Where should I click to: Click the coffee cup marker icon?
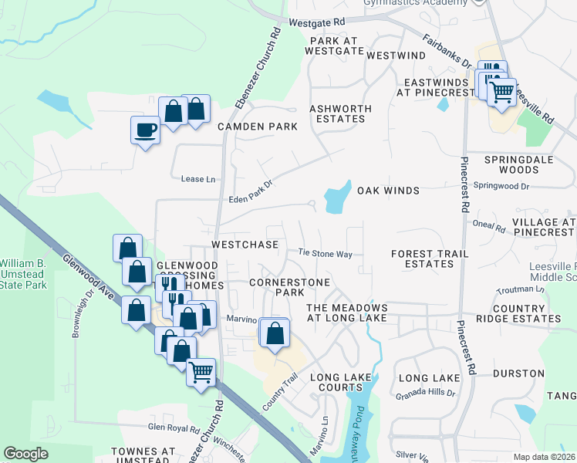tap(145, 129)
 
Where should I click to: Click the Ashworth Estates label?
tap(340, 113)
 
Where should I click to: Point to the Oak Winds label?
tap(387, 191)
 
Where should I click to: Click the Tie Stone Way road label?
tap(325, 253)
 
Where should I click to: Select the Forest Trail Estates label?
tap(422, 259)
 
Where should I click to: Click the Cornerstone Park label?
tap(289, 287)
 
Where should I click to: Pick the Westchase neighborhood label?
tap(245, 245)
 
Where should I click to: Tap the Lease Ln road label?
tap(197, 179)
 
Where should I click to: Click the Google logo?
tap(25, 454)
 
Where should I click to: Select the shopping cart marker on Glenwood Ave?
tap(201, 372)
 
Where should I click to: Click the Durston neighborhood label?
tap(518, 373)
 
